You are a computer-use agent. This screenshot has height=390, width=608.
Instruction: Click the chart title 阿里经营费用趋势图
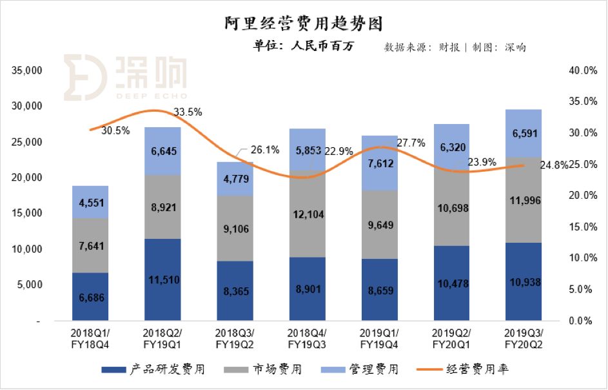click(x=304, y=24)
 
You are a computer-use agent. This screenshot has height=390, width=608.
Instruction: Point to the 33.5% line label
click(x=188, y=112)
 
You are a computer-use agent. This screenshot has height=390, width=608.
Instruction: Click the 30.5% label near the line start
click(x=115, y=130)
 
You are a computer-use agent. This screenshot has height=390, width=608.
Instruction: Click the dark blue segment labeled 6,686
click(x=90, y=297)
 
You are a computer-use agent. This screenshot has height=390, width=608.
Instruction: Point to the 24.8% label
click(x=553, y=165)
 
